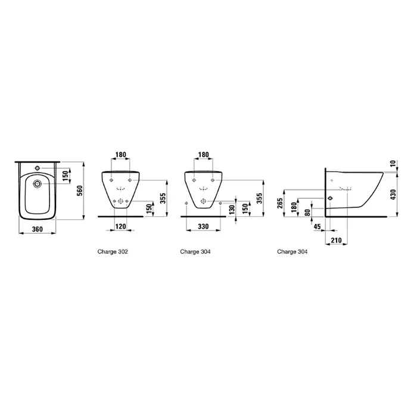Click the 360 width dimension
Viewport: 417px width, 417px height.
(37, 229)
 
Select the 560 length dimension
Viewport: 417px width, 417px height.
(80, 191)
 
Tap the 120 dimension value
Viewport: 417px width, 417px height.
(121, 226)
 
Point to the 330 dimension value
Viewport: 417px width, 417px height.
(203, 226)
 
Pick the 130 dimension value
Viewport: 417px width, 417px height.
(232, 210)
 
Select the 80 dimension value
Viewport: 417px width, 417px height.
(307, 213)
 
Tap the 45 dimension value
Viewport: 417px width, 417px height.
(318, 226)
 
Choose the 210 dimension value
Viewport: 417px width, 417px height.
(336, 240)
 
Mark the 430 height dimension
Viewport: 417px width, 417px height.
(394, 194)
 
